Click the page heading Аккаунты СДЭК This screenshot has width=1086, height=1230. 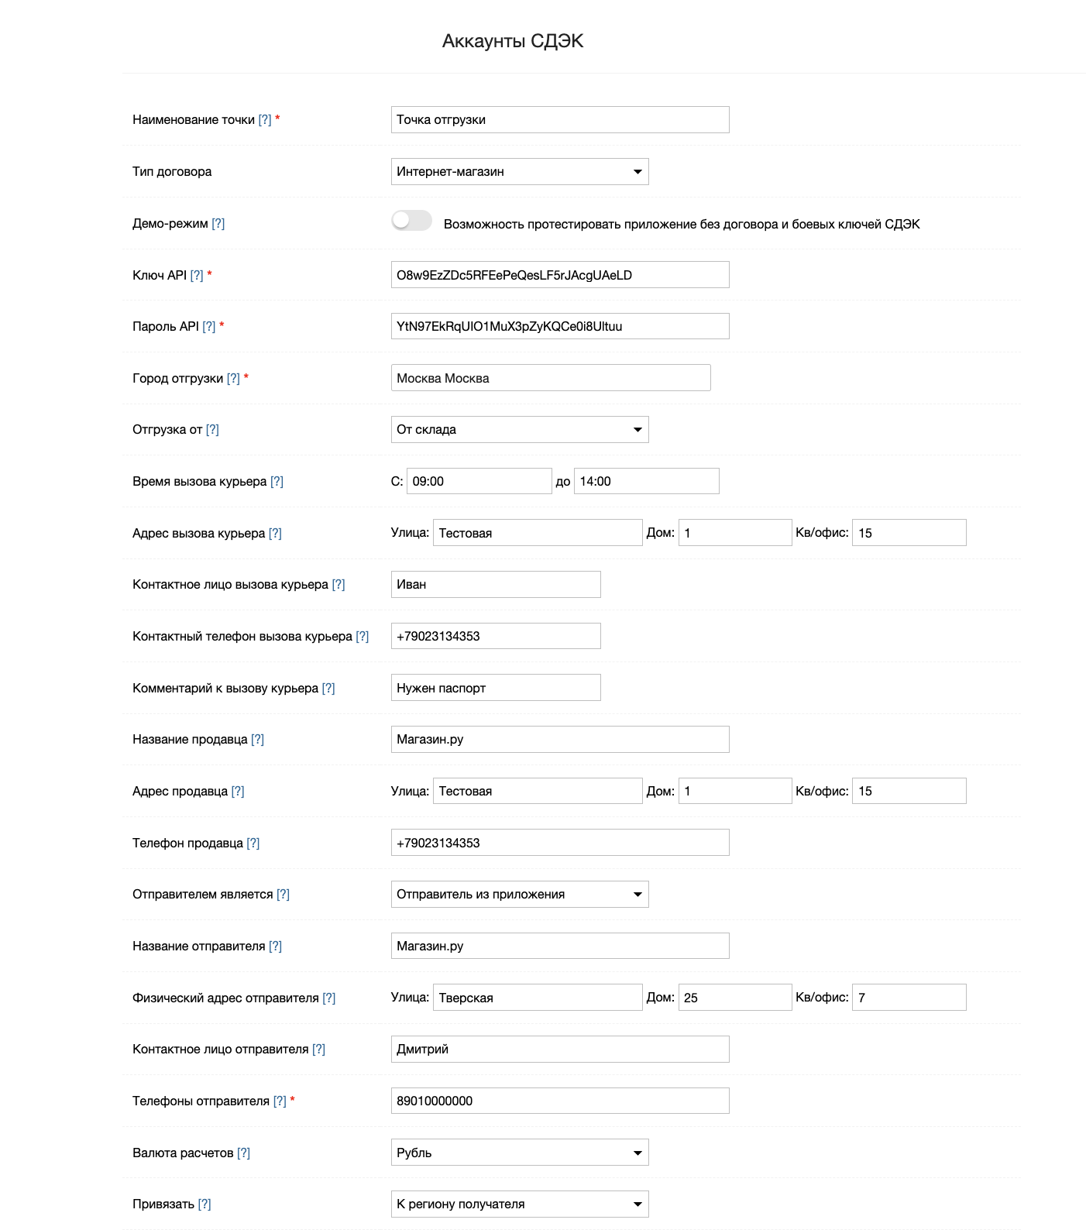pos(512,41)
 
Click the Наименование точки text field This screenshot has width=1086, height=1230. pos(559,120)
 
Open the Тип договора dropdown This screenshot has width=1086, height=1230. pos(519,172)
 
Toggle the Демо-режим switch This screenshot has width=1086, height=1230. pos(411,221)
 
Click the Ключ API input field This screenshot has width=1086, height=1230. pos(559,275)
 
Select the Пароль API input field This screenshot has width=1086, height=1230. pos(559,326)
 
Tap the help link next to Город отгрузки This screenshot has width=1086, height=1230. pos(233,379)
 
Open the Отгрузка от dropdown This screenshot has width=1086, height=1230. pos(519,430)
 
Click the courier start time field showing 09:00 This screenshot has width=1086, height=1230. pos(479,481)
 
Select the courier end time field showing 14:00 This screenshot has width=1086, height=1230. pos(646,481)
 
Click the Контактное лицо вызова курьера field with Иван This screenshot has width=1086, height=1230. pos(495,585)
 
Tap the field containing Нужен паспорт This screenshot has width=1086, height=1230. pos(495,688)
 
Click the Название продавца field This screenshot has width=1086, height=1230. pos(559,740)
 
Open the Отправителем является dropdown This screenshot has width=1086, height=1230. pos(519,895)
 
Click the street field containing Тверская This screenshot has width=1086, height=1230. pos(538,998)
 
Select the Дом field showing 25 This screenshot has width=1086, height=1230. pos(734,998)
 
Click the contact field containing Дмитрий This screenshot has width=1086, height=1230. pos(559,1050)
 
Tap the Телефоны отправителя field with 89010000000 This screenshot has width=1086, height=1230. pos(559,1101)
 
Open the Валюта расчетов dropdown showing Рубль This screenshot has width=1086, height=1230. pos(519,1153)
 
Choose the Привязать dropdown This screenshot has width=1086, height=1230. pos(519,1204)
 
